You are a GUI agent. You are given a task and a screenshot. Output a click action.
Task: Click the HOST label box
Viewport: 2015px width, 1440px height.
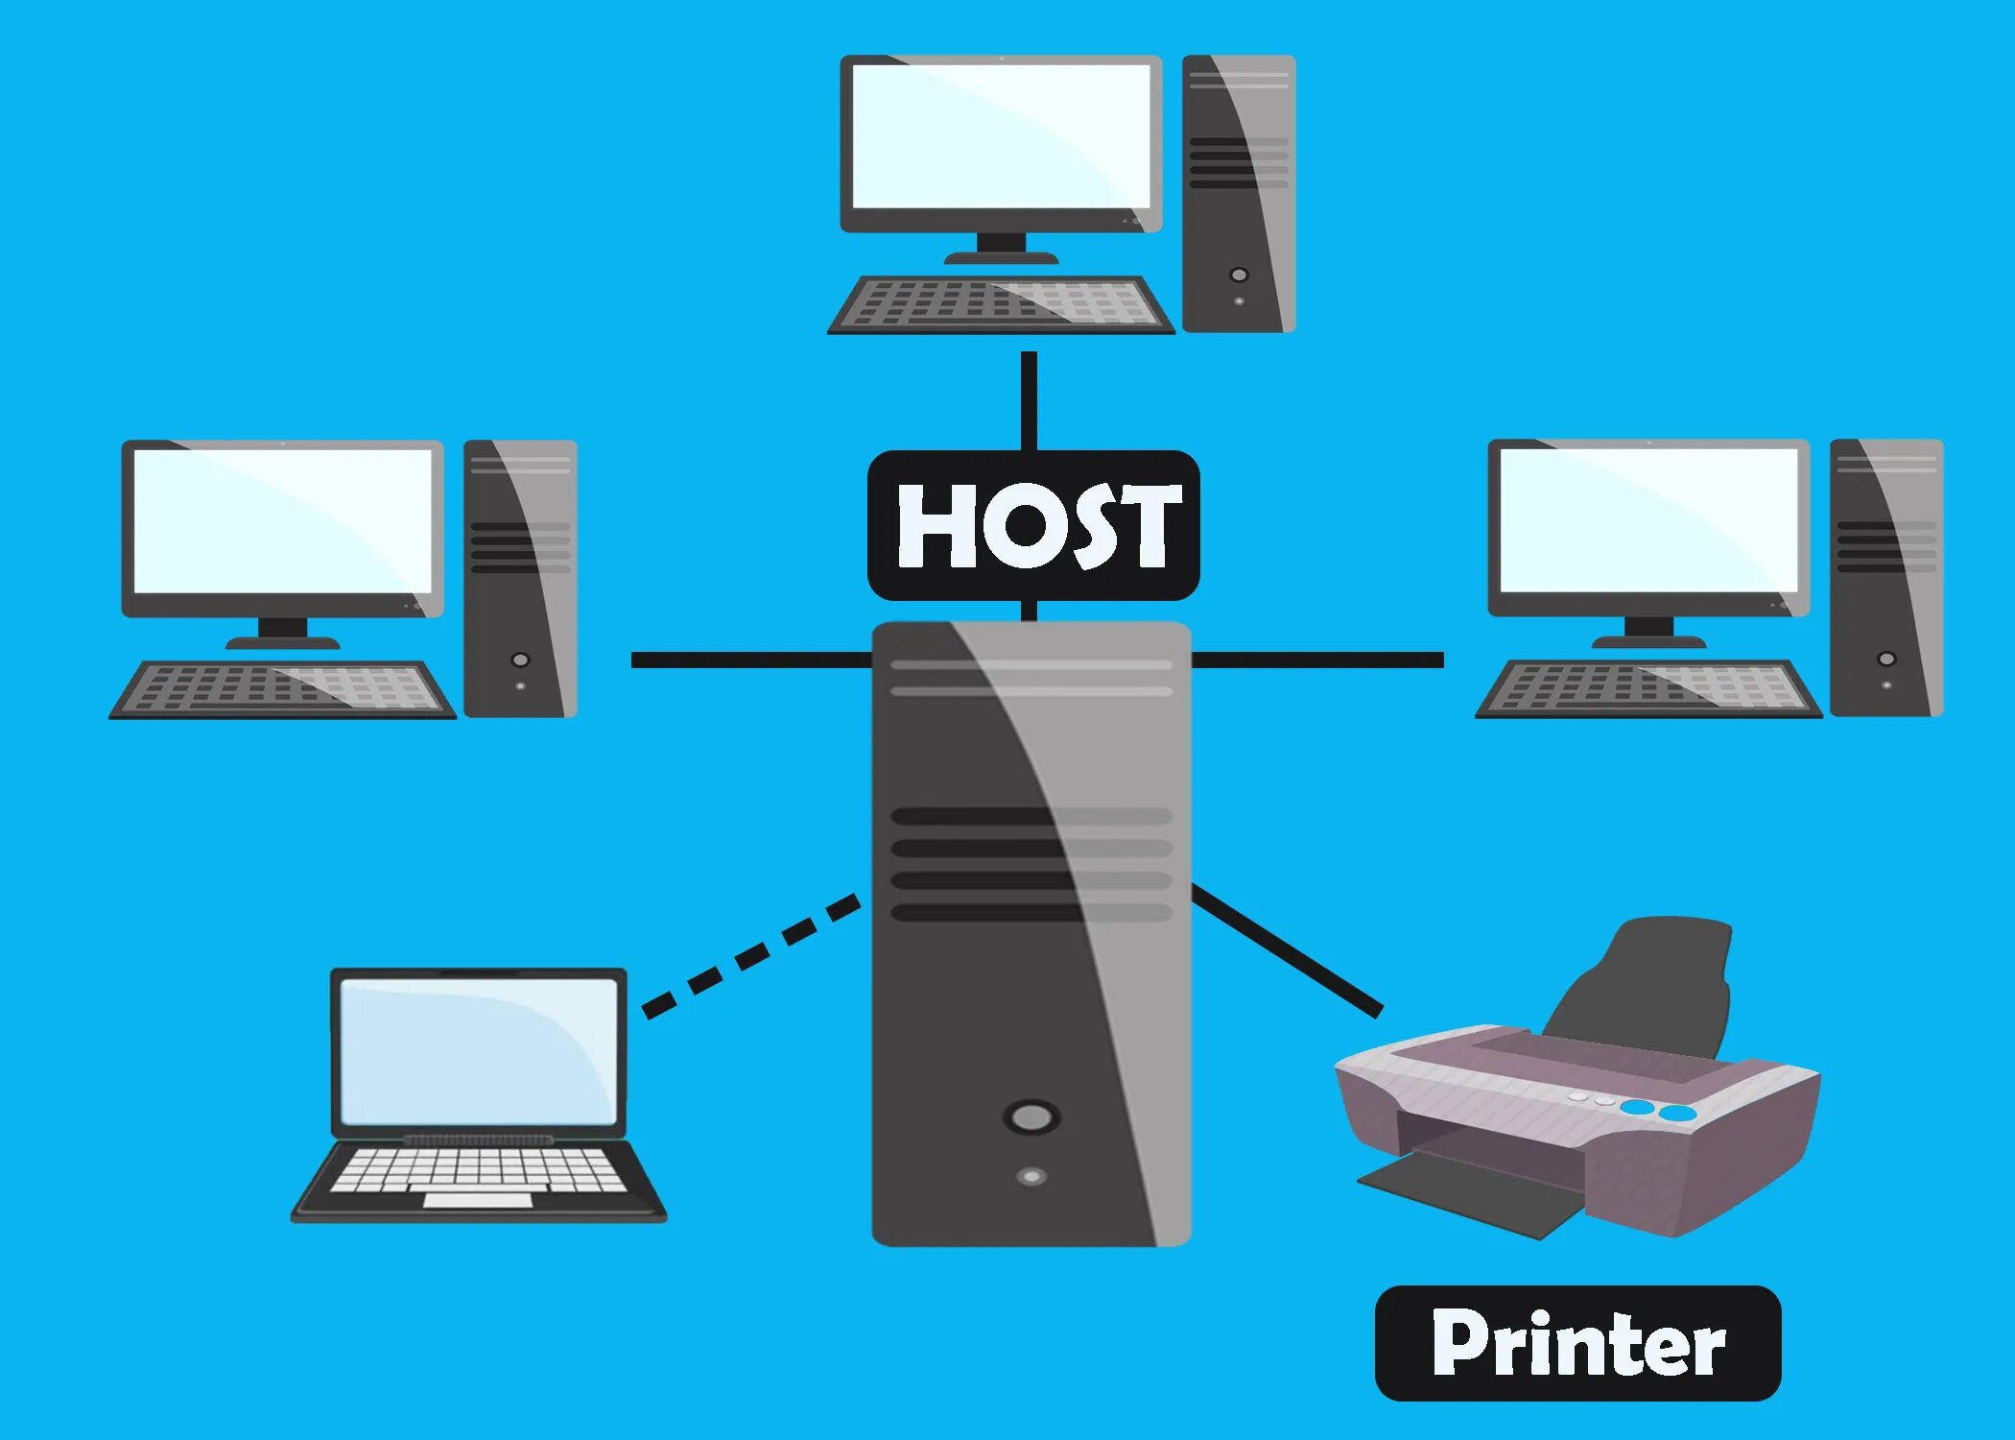click(x=1032, y=525)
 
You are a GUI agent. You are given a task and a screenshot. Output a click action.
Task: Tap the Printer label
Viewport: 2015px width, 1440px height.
click(x=1576, y=1343)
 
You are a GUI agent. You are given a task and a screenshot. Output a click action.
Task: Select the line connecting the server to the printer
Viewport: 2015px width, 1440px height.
click(x=1286, y=950)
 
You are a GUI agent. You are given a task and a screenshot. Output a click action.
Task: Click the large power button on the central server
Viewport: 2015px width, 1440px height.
click(x=1031, y=1116)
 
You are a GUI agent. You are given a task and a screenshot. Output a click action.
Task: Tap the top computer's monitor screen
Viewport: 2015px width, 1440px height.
click(x=1001, y=135)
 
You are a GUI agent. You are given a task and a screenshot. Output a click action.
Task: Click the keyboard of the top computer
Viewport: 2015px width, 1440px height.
click(x=1001, y=305)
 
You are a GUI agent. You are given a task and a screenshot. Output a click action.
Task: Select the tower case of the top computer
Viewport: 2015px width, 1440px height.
click(x=1238, y=193)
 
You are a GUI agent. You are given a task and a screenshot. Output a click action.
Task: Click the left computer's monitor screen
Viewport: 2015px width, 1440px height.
click(x=282, y=521)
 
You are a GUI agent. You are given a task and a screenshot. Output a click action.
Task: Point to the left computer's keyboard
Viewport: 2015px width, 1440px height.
click(x=282, y=689)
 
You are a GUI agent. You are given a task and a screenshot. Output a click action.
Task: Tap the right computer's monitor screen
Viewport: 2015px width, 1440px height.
click(x=1648, y=520)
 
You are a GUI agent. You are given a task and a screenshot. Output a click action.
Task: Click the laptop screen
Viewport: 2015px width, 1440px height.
click(x=478, y=1051)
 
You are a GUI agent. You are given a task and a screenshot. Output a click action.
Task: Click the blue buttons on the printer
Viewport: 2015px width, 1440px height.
click(x=1658, y=1111)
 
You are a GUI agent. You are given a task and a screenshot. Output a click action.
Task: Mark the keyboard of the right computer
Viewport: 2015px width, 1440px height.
click(x=1648, y=689)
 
